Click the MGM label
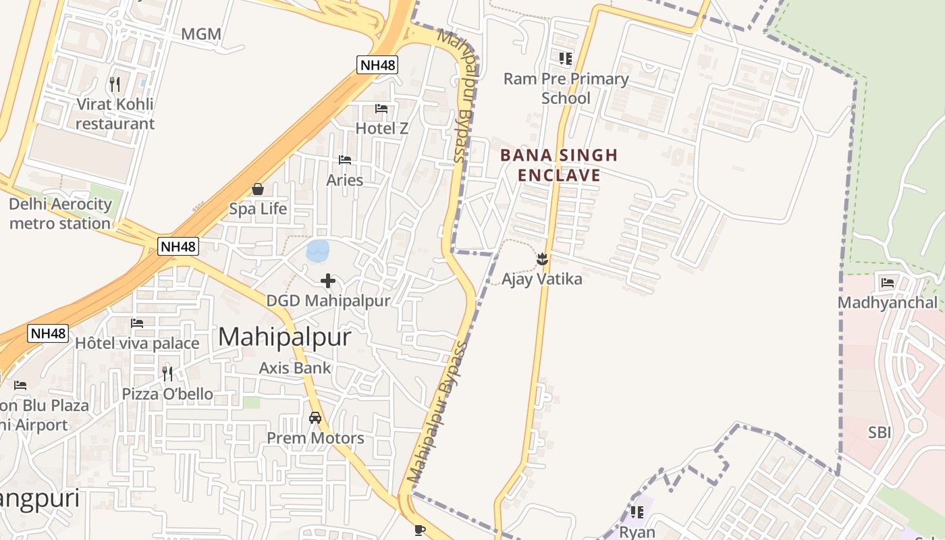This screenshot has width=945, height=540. coord(201,34)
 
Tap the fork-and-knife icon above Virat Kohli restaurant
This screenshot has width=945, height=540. coord(115,84)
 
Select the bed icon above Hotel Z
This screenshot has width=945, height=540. coord(381,108)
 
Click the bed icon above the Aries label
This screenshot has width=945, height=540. coord(345,160)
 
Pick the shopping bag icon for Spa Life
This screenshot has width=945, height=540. coord(257,189)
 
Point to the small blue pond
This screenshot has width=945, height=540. coord(317,251)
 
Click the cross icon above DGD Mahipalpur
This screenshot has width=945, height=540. coord(328,281)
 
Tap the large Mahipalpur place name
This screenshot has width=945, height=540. coord(284,336)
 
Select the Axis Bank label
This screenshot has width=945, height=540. coord(295,368)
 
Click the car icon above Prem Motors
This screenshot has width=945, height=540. coord(315,418)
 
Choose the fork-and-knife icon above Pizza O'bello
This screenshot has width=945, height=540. coord(167,373)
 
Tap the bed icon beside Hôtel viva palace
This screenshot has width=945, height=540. coord(137,323)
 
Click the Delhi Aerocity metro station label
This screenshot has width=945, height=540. coord(60,213)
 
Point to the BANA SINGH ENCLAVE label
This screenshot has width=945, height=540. coord(559,165)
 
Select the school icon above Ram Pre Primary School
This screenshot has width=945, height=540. coord(566,59)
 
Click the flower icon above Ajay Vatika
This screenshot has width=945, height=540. coord(541,259)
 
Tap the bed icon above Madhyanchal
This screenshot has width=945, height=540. coord(888,282)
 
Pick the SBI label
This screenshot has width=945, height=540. coord(880,433)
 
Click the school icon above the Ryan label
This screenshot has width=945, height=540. coord(637,512)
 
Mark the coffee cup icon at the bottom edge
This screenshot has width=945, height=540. coord(420,530)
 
